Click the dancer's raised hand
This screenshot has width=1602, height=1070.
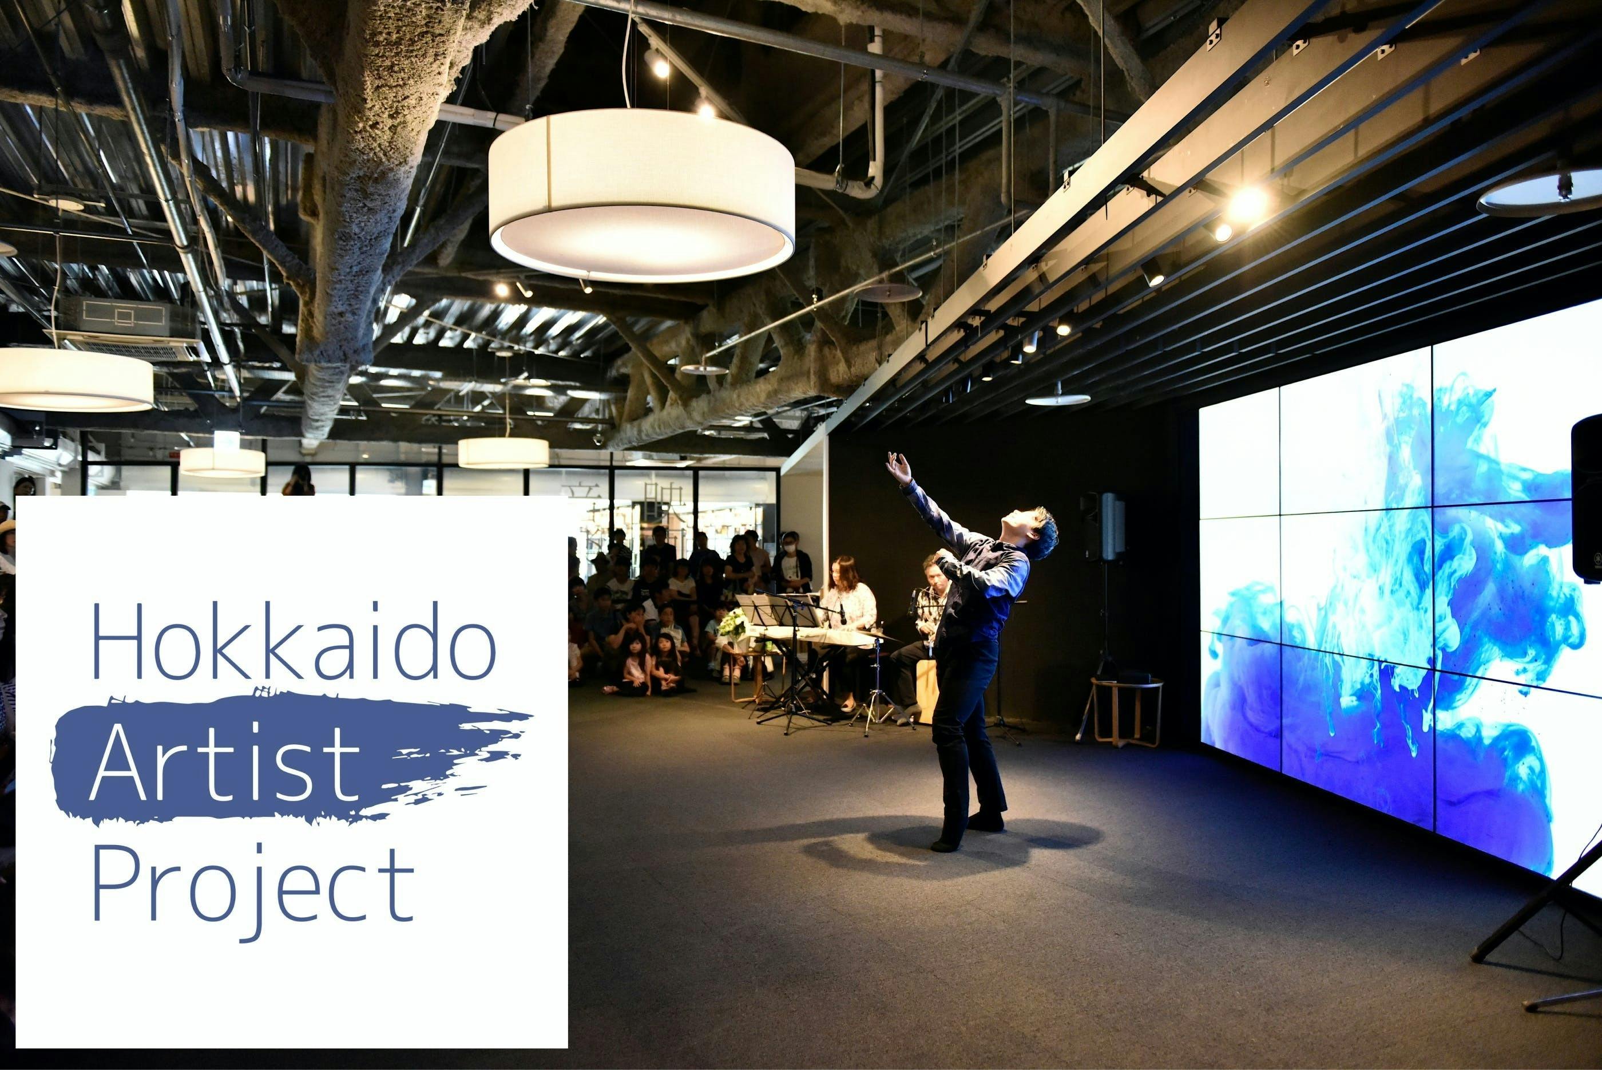[899, 469]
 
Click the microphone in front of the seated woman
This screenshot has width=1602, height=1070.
[843, 614]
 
